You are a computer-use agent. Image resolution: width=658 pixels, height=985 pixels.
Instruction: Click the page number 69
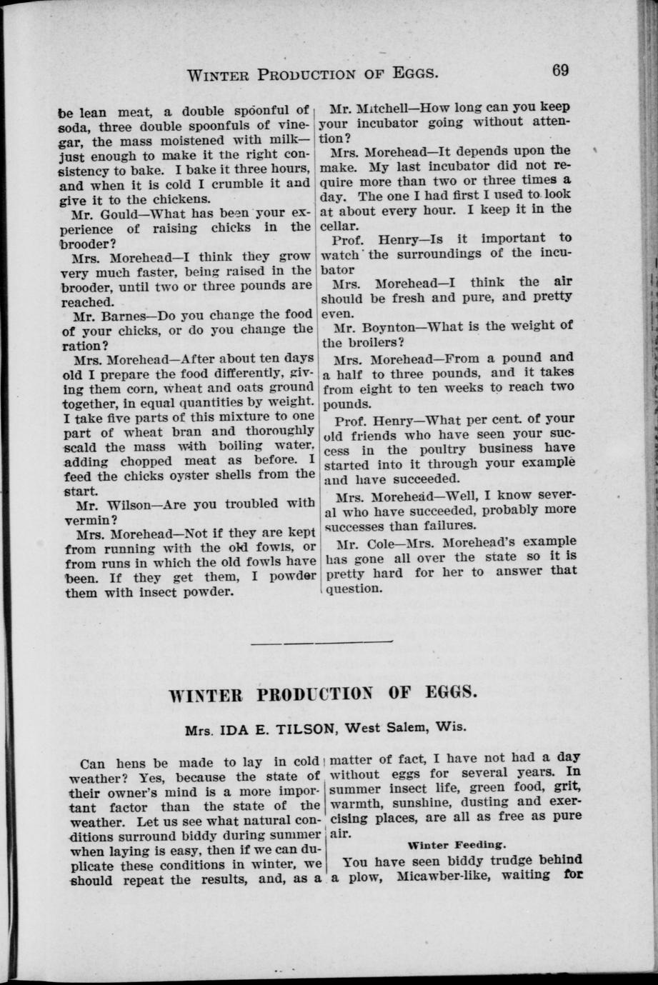point(559,70)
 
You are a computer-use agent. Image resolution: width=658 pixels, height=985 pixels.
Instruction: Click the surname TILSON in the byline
point(303,729)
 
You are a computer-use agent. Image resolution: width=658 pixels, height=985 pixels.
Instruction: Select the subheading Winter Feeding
point(447,844)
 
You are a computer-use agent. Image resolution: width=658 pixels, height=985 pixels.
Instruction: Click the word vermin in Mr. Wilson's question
point(87,519)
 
